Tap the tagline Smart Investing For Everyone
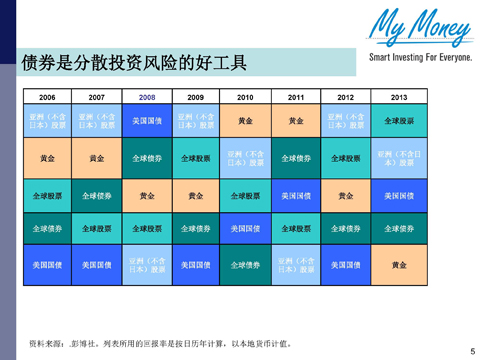click(419, 58)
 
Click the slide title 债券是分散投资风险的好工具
click(133, 63)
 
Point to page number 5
click(471, 350)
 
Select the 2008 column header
click(147, 97)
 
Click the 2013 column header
click(399, 97)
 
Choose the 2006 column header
click(47, 97)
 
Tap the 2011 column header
click(296, 97)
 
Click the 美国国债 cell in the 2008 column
click(147, 121)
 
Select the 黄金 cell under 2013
click(399, 265)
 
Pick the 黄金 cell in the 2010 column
click(246, 121)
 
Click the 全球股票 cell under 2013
click(399, 121)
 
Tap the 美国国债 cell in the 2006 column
click(47, 265)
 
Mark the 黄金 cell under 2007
click(97, 158)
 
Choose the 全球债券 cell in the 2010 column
click(246, 265)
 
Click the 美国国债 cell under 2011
click(296, 195)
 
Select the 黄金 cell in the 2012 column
click(346, 195)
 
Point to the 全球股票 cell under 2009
click(196, 158)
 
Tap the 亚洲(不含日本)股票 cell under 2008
click(147, 265)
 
